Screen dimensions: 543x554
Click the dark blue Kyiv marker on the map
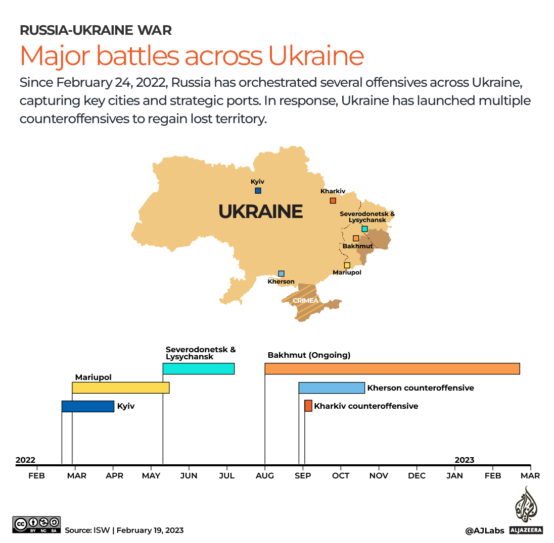click(258, 191)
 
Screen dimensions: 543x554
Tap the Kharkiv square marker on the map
click(333, 201)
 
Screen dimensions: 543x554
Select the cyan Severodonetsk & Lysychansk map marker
click(364, 229)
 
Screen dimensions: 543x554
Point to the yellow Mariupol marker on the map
click(347, 265)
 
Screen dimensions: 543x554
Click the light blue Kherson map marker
click(281, 274)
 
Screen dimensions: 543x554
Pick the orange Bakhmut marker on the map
click(356, 238)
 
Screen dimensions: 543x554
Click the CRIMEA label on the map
click(305, 301)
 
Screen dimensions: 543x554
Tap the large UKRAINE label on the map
click(260, 211)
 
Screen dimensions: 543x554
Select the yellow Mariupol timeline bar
click(120, 388)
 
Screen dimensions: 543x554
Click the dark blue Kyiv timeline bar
click(88, 406)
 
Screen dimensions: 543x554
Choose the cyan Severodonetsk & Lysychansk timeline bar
click(198, 369)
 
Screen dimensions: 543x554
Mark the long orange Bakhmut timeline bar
click(392, 369)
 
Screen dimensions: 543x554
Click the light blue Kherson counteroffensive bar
click(332, 388)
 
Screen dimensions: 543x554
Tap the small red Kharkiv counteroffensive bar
click(308, 406)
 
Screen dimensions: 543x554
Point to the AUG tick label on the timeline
click(265, 476)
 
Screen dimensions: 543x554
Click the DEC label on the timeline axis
click(417, 476)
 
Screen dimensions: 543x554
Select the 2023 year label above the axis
click(464, 460)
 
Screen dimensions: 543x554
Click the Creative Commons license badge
click(37, 525)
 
